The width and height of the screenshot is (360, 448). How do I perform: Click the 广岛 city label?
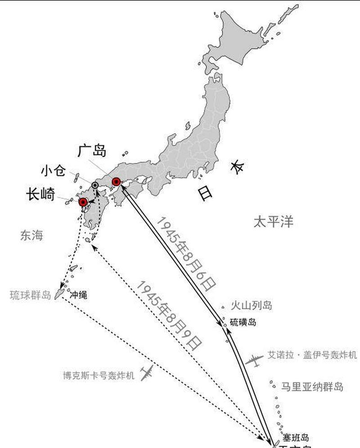pyautogui.click(x=92, y=151)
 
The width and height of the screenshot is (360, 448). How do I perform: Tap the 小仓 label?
pyautogui.click(x=53, y=171)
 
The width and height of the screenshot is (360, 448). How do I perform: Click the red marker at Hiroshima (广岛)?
pyautogui.click(x=117, y=182)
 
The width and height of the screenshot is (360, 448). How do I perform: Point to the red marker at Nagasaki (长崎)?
pyautogui.click(x=83, y=202)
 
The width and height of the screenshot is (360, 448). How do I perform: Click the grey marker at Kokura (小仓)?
pyautogui.click(x=95, y=185)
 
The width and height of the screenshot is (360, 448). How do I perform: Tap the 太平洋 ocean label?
pyautogui.click(x=273, y=222)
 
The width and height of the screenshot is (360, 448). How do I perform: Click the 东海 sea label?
pyautogui.click(x=31, y=235)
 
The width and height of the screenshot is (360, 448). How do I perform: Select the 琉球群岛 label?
pyautogui.click(x=30, y=296)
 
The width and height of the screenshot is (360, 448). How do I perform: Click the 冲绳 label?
pyautogui.click(x=79, y=296)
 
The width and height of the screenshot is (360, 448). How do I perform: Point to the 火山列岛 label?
pyautogui.click(x=252, y=306)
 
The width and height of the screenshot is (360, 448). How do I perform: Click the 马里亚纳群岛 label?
pyautogui.click(x=312, y=387)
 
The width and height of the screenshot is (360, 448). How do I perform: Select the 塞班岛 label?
pyautogui.click(x=296, y=437)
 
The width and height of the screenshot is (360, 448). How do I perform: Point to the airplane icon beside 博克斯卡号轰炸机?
pyautogui.click(x=147, y=373)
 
